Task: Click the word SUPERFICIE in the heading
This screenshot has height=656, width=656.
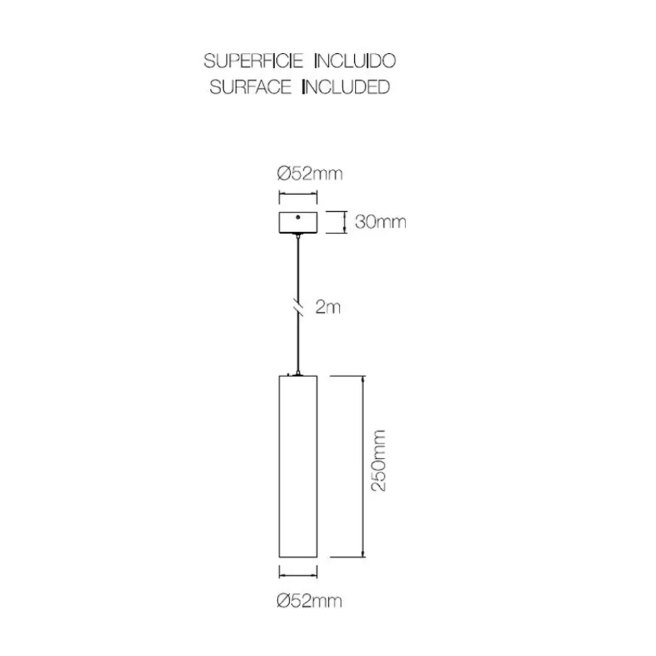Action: (x=253, y=61)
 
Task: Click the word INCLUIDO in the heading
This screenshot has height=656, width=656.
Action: (x=355, y=61)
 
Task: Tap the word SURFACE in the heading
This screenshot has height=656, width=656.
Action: (x=250, y=87)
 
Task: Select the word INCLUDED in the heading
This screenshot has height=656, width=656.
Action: (x=346, y=87)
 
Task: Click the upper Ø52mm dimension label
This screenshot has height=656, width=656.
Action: (x=310, y=174)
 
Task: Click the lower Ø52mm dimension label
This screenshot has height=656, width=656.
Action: (x=309, y=601)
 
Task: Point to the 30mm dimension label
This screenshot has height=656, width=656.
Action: (x=380, y=222)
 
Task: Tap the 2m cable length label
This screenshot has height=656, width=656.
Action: (x=328, y=308)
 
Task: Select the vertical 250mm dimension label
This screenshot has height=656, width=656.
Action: (x=379, y=461)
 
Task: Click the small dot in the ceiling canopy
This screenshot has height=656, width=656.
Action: (x=298, y=217)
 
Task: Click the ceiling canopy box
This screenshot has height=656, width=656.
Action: (x=298, y=222)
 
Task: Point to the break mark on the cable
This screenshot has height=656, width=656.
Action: (x=298, y=308)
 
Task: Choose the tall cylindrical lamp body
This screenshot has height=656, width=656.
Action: (x=298, y=466)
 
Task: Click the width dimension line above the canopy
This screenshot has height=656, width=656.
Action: (x=298, y=194)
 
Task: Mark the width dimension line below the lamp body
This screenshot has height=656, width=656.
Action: (x=298, y=576)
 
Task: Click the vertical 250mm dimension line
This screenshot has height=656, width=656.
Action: (x=363, y=466)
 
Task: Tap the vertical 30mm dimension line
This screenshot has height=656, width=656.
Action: (x=344, y=222)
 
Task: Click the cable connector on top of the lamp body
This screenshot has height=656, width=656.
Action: (x=298, y=372)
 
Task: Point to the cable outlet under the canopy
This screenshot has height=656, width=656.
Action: (x=298, y=236)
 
